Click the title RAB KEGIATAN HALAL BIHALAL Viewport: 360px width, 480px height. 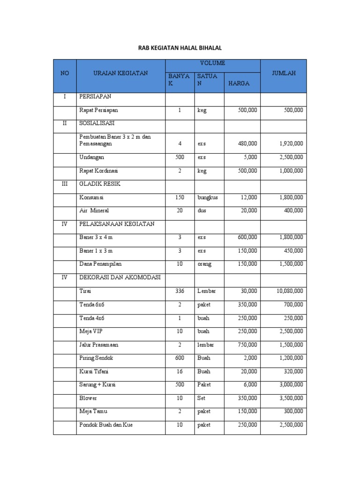point(180,48)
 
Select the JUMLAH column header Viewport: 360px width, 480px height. point(283,73)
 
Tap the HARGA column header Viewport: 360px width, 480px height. point(239,83)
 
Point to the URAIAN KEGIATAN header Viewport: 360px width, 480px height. point(120,73)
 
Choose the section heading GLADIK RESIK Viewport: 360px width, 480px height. point(100,184)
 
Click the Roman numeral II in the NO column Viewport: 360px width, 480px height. point(65,123)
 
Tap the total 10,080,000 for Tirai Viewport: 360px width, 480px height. point(290,291)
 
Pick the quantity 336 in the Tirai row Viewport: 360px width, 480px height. point(180,291)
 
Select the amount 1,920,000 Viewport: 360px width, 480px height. point(291,143)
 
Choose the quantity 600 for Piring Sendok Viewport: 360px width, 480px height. point(180,358)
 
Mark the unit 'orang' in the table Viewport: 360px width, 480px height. point(204,264)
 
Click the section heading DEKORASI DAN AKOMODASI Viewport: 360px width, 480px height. point(120,277)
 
